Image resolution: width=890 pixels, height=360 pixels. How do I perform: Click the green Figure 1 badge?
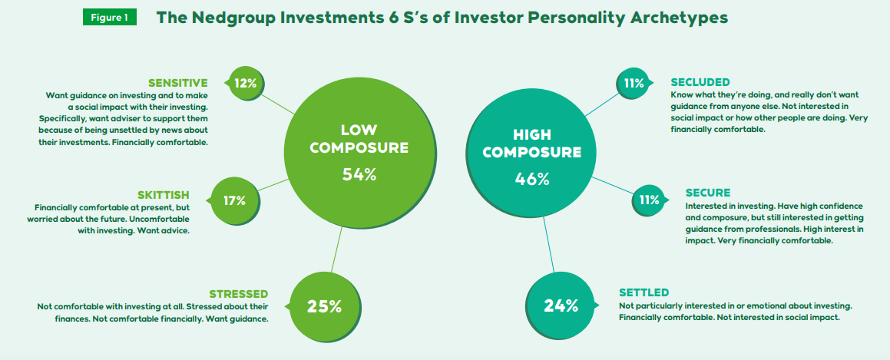[x=110, y=18]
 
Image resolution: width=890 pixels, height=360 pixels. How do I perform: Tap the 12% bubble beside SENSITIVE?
[x=245, y=84]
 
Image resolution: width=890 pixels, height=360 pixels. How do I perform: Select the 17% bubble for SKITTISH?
[x=234, y=200]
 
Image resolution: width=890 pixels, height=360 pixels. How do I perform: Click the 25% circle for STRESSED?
[x=324, y=306]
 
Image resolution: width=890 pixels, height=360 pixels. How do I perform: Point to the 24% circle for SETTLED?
[x=561, y=306]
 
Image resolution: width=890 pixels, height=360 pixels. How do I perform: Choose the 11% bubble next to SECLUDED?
[x=634, y=84]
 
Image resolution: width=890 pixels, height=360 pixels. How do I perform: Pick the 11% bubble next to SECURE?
[x=649, y=200]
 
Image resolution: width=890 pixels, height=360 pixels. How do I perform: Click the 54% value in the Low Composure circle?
[x=359, y=174]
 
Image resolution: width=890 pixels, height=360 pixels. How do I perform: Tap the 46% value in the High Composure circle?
[x=532, y=179]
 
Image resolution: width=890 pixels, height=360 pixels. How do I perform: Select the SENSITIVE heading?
[x=177, y=83]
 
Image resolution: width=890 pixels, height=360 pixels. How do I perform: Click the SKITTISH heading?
[x=164, y=194]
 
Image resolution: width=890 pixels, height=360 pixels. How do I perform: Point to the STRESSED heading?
[x=238, y=294]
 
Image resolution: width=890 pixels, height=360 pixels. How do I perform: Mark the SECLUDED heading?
[x=700, y=82]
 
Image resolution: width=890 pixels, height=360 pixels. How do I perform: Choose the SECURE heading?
[x=708, y=192]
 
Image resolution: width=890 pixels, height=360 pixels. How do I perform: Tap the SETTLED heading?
[x=644, y=292]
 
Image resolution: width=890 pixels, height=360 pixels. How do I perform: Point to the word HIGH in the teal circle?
[x=532, y=134]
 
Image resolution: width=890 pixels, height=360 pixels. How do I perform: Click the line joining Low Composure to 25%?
[x=336, y=250]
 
